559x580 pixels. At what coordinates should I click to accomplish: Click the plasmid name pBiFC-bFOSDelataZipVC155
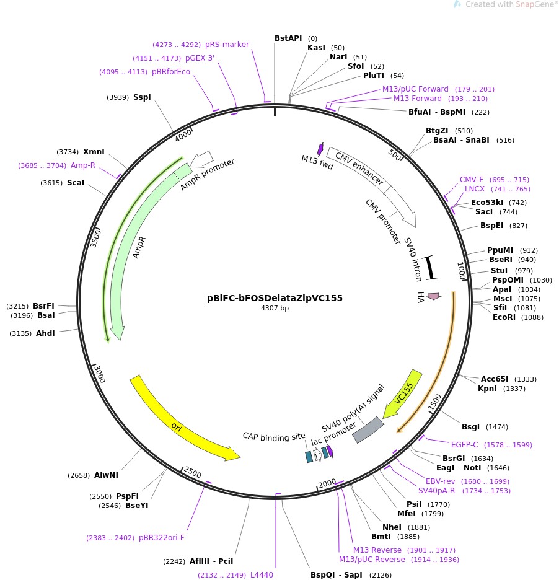tap(275, 298)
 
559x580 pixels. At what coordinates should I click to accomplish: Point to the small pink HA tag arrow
tap(434, 297)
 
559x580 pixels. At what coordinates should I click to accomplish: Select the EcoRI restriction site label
tap(505, 317)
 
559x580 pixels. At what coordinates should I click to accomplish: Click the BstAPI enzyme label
tap(288, 38)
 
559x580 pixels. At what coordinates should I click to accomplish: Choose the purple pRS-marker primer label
tap(227, 45)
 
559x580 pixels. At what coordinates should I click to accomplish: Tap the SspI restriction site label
tap(142, 97)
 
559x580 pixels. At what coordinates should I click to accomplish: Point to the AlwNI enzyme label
tap(106, 475)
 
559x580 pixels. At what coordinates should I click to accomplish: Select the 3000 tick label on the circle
tap(99, 374)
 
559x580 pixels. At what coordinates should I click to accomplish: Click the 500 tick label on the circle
tap(395, 153)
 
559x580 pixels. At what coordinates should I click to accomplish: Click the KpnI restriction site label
tap(487, 389)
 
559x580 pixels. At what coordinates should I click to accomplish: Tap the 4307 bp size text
tap(275, 309)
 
